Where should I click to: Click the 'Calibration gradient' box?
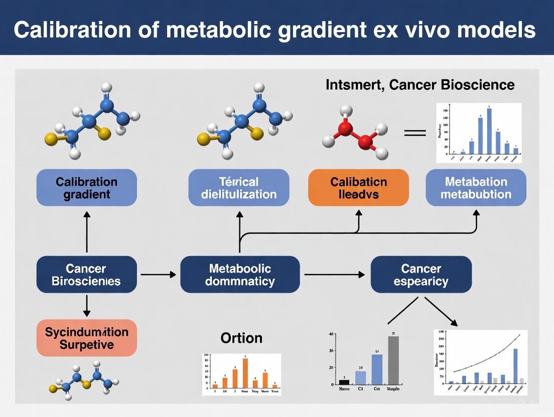pyautogui.click(x=87, y=187)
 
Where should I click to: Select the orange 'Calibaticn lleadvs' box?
pyautogui.click(x=358, y=187)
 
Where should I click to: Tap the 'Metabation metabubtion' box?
pyautogui.click(x=476, y=187)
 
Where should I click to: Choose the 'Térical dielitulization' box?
pyautogui.click(x=239, y=187)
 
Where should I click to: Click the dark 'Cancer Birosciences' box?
pyautogui.click(x=87, y=275)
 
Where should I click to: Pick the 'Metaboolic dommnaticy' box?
pyautogui.click(x=240, y=275)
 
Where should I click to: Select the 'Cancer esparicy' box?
pyautogui.click(x=421, y=275)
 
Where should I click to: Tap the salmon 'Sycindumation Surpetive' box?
pyautogui.click(x=87, y=338)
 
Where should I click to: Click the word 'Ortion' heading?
pyautogui.click(x=241, y=338)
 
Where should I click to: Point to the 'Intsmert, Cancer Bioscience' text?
pyautogui.click(x=420, y=85)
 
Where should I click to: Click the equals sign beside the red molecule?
pyautogui.click(x=415, y=133)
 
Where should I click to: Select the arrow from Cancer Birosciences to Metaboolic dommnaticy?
pyautogui.click(x=158, y=275)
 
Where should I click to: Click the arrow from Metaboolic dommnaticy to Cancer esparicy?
pyautogui.click(x=335, y=275)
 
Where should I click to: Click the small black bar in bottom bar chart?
pyautogui.click(x=344, y=382)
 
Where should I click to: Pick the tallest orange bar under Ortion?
pyautogui.click(x=245, y=373)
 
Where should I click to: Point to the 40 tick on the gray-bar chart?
pyautogui.click(x=331, y=334)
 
